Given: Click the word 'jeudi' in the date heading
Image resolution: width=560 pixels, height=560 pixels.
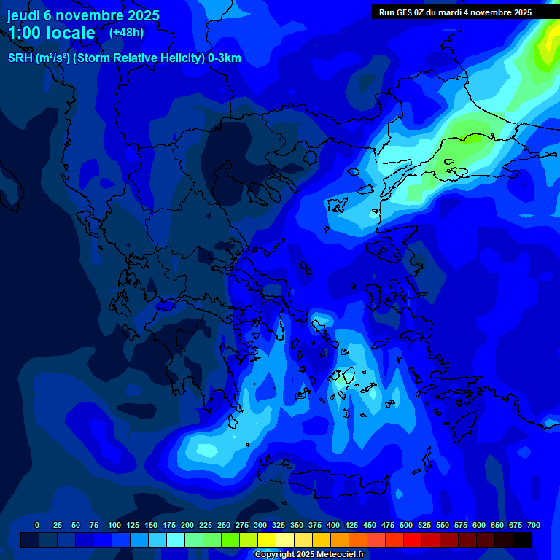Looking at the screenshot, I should click(x=23, y=15).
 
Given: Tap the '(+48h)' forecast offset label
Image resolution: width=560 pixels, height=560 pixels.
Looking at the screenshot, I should click(x=126, y=32).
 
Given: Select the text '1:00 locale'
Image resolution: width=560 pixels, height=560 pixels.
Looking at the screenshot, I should click(x=51, y=33).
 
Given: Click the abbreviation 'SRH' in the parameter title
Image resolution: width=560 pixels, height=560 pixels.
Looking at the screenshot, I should click(x=21, y=58).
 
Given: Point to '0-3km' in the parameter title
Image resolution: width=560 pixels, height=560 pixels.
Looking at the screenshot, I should click(x=225, y=58).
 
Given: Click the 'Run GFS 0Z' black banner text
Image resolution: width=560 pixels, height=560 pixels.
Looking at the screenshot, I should click(x=403, y=12).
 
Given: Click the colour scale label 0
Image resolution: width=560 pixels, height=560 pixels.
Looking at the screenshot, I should click(x=37, y=525).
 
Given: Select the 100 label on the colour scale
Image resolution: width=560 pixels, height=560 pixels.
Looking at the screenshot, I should click(x=114, y=525).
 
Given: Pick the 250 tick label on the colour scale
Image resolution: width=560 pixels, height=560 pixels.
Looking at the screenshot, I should click(x=224, y=525).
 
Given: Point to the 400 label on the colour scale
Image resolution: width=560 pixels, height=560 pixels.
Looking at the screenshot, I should click(x=333, y=525).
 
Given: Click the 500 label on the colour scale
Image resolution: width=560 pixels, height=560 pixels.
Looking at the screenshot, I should click(x=406, y=525).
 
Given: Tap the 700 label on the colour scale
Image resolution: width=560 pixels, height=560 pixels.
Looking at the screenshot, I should click(x=534, y=525).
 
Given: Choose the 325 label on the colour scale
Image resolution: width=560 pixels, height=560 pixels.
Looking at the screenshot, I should click(x=279, y=525).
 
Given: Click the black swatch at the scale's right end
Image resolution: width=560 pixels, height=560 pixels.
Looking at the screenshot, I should click(x=522, y=540).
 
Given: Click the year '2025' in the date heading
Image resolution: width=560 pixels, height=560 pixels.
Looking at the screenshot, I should click(x=142, y=15).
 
